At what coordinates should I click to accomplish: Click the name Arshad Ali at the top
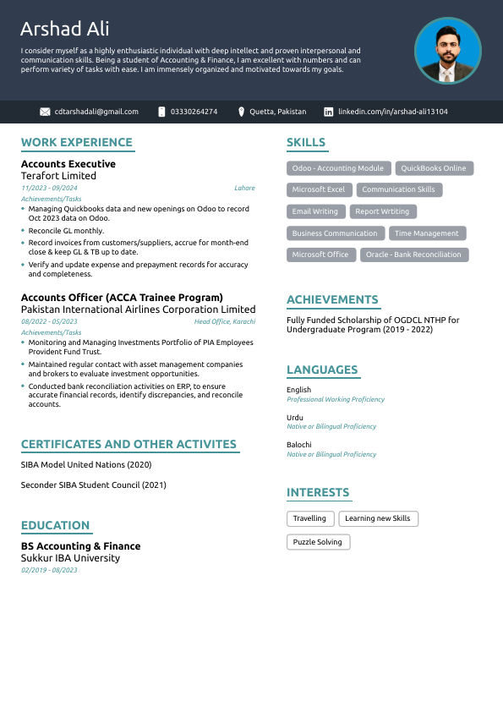(x=64, y=30)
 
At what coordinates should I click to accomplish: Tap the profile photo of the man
(x=447, y=51)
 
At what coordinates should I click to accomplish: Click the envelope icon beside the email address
(x=45, y=112)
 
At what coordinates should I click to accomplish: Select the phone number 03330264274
(x=194, y=112)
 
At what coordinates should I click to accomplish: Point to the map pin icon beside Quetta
(x=241, y=112)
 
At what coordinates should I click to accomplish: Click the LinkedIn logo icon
(x=327, y=112)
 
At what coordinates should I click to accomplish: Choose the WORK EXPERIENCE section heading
(x=76, y=143)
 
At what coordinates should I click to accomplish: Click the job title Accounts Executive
(x=68, y=164)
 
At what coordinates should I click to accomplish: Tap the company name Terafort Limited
(x=58, y=176)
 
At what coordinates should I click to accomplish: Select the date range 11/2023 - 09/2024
(x=49, y=188)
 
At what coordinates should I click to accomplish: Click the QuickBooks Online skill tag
(x=433, y=168)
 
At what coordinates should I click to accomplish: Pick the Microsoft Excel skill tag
(x=319, y=189)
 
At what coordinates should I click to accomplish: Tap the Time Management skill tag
(x=426, y=233)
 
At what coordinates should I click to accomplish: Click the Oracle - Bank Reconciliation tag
(x=413, y=255)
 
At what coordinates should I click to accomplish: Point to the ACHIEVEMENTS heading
(x=332, y=299)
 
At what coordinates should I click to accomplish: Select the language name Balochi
(x=299, y=445)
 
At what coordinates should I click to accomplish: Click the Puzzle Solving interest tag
(x=318, y=542)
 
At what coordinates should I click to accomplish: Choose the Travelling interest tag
(x=310, y=518)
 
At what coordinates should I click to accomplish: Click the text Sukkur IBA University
(x=70, y=558)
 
